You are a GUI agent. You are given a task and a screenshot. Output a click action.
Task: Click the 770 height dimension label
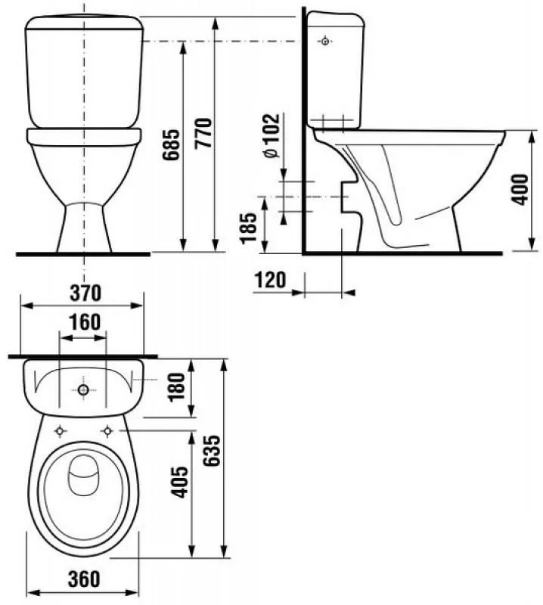tap(203, 133)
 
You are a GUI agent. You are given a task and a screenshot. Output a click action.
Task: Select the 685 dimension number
tap(171, 144)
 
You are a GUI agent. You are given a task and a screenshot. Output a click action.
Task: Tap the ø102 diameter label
tap(271, 136)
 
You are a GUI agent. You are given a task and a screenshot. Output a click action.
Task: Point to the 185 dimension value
tap(249, 228)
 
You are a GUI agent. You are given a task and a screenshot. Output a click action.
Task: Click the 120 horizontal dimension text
tap(270, 280)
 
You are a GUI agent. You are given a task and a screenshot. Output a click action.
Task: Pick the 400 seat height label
tap(520, 190)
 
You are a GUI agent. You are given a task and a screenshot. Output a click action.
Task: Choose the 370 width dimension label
tap(85, 293)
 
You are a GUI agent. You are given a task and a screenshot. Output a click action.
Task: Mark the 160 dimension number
tap(85, 322)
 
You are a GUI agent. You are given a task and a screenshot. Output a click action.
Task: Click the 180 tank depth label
tap(178, 387)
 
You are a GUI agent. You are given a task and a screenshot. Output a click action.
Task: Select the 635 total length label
tap(212, 451)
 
